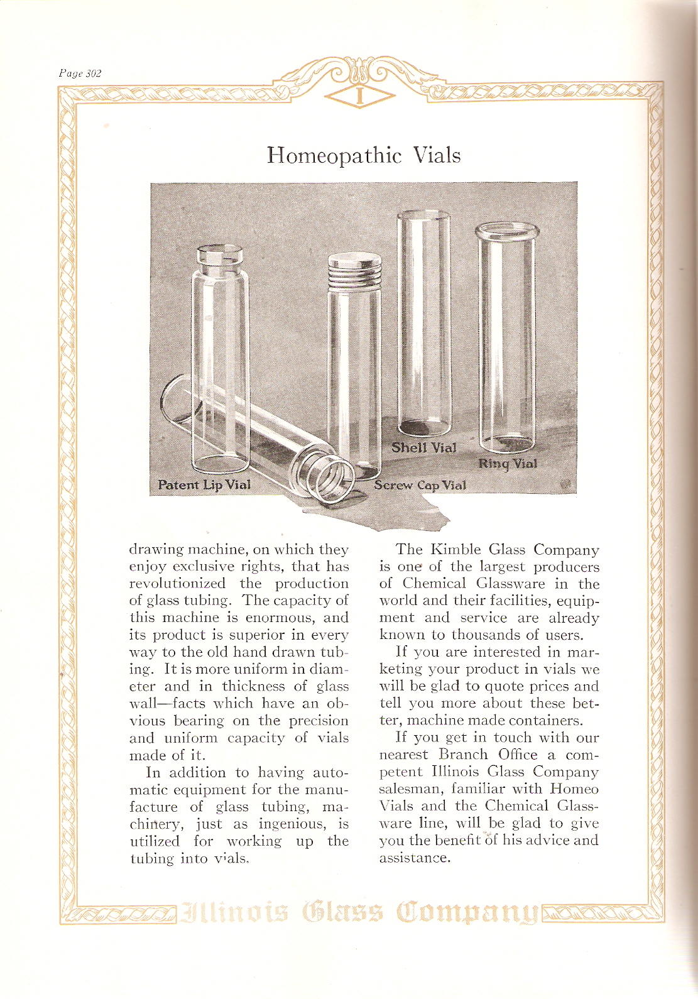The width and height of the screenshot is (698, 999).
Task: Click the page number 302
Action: click(x=80, y=74)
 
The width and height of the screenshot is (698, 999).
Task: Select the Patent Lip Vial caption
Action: click(x=204, y=485)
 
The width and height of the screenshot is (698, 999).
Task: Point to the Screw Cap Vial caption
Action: click(x=420, y=485)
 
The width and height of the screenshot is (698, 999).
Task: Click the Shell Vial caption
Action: click(x=423, y=447)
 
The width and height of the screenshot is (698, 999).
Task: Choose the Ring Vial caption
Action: click(x=508, y=464)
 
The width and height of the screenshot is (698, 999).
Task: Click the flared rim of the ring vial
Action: click(x=507, y=231)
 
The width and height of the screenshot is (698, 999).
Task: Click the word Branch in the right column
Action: click(x=463, y=755)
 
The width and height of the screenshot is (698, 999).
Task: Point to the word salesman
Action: click(x=410, y=789)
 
